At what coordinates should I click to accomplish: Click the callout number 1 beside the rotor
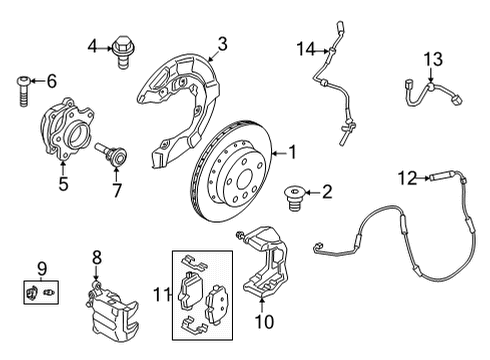click(x=293, y=153)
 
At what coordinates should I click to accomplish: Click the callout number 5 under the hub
click(x=62, y=184)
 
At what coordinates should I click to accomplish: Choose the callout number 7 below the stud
click(x=116, y=189)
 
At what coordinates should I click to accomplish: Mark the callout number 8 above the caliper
click(x=97, y=257)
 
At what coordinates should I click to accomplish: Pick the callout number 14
click(x=304, y=46)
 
